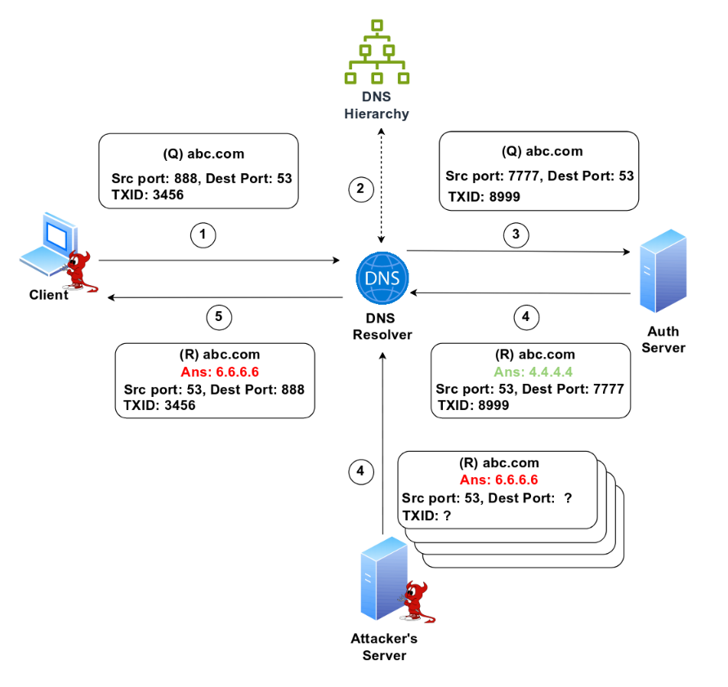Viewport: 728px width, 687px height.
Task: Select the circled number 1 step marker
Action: (203, 235)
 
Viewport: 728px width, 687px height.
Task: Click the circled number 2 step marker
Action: (360, 190)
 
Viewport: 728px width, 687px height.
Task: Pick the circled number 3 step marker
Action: (516, 235)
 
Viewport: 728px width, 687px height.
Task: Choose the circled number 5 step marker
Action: (219, 316)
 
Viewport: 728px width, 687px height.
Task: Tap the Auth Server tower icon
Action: (663, 272)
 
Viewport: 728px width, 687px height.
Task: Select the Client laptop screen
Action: (54, 237)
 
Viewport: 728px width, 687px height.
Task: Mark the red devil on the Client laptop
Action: (80, 270)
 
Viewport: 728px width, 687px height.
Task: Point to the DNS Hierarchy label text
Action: (376, 105)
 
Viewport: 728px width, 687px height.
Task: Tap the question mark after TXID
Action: (447, 516)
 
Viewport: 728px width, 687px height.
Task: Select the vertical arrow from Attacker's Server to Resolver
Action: (382, 441)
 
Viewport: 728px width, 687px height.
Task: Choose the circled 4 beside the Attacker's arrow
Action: (360, 471)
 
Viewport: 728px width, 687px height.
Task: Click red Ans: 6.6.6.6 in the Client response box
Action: (214, 372)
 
